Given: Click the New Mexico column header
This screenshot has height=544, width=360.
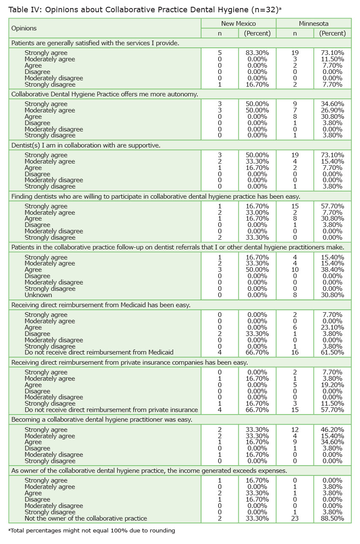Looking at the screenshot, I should [x=238, y=24].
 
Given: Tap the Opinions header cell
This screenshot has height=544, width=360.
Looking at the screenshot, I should [x=24, y=28].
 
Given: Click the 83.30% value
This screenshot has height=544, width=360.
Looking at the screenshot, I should [x=257, y=53].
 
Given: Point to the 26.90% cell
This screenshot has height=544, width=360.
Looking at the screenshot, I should [x=332, y=110].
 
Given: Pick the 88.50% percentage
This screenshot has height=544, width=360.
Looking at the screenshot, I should [x=332, y=518].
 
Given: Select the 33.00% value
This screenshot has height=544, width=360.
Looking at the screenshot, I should [x=257, y=213].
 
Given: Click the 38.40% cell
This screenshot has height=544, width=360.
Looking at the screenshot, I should [x=332, y=270].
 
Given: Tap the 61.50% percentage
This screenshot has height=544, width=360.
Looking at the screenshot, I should [x=332, y=353].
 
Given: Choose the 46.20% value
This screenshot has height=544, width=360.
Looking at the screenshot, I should [x=332, y=429].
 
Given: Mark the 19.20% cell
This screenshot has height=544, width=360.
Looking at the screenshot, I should [x=332, y=385].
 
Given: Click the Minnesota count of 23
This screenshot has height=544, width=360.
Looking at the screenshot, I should [x=295, y=518].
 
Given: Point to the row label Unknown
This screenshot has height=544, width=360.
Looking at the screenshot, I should [x=38, y=295].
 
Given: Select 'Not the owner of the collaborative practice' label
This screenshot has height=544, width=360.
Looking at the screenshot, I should [x=86, y=518].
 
